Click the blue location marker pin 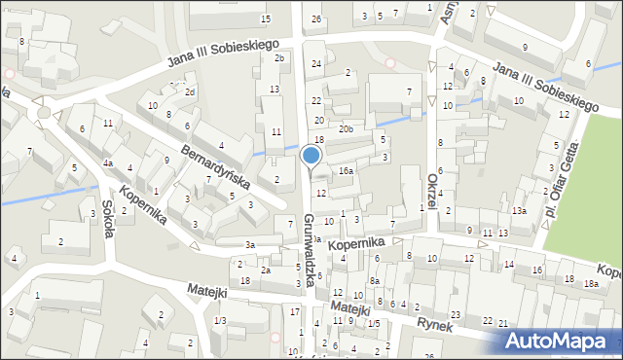coord(311,155)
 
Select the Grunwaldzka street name coord(309,249)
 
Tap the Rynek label coord(435,326)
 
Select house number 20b coord(346,128)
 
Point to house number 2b coord(278,58)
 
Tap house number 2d coord(190,92)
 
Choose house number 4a coord(109,163)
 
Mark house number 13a coord(521,211)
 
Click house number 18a coord(591,283)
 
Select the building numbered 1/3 coord(220,321)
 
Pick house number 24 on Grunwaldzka coord(316,64)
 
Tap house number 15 coord(266,19)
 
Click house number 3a coord(250,244)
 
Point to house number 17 coord(295,311)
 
